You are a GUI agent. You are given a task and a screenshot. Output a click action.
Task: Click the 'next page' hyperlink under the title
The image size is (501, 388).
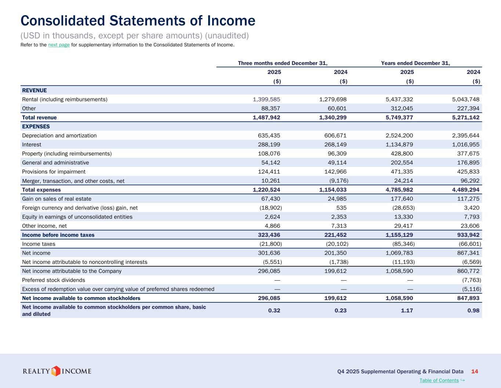tap(59, 45)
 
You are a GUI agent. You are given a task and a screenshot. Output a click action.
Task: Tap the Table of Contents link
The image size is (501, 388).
tap(439, 380)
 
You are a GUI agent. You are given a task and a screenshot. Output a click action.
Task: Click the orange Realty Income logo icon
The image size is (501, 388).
tap(55, 371)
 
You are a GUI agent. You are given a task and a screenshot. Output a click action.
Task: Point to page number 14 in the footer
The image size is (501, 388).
tap(475, 371)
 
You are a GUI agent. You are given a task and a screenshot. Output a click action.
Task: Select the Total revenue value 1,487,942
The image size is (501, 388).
tap(266, 118)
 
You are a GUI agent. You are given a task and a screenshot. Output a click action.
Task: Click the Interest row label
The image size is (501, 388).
tap(32, 145)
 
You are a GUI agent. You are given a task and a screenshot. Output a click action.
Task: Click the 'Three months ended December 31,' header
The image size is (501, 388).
tap(283, 63)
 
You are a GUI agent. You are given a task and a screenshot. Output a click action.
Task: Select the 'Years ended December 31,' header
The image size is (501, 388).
tap(415, 63)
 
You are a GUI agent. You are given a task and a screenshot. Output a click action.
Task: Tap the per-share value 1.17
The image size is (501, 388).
tap(407, 311)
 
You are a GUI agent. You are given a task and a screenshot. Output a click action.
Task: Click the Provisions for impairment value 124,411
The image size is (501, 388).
tap(269, 172)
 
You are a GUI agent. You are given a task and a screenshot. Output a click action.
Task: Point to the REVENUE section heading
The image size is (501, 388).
tap(35, 90)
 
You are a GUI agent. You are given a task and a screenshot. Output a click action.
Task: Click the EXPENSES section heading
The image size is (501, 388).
tap(36, 127)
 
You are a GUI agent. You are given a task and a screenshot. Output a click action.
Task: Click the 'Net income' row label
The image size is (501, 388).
tap(36, 253)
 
